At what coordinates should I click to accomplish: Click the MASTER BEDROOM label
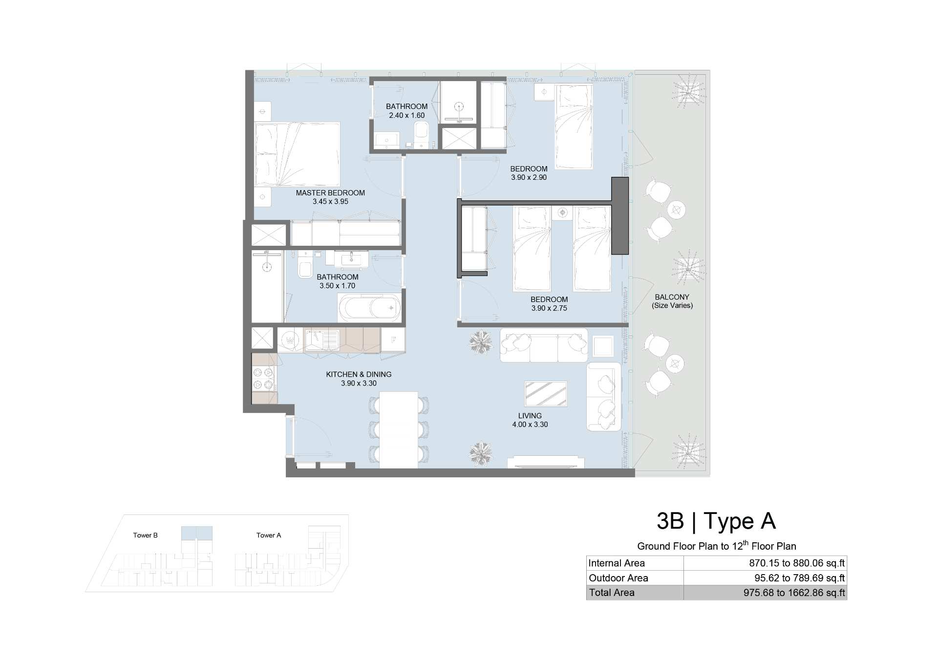330,193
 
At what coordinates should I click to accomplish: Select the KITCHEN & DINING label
359,375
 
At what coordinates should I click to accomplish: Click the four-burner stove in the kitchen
263,379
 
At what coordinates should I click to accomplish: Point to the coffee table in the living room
546,394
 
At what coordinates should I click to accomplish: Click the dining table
399,430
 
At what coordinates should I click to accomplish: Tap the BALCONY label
672,297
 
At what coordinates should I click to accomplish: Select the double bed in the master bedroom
297,154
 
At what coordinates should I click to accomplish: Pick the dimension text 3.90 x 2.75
549,308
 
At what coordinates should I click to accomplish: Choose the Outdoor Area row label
618,578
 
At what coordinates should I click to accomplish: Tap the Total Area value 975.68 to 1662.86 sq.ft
794,593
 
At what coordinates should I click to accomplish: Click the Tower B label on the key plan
146,535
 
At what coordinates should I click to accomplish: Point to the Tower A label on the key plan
269,535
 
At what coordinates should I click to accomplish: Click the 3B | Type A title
716,521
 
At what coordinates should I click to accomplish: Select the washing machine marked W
290,340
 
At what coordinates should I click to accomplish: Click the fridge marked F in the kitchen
393,340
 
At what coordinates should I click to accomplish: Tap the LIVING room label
530,416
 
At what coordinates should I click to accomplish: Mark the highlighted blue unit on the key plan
197,533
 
